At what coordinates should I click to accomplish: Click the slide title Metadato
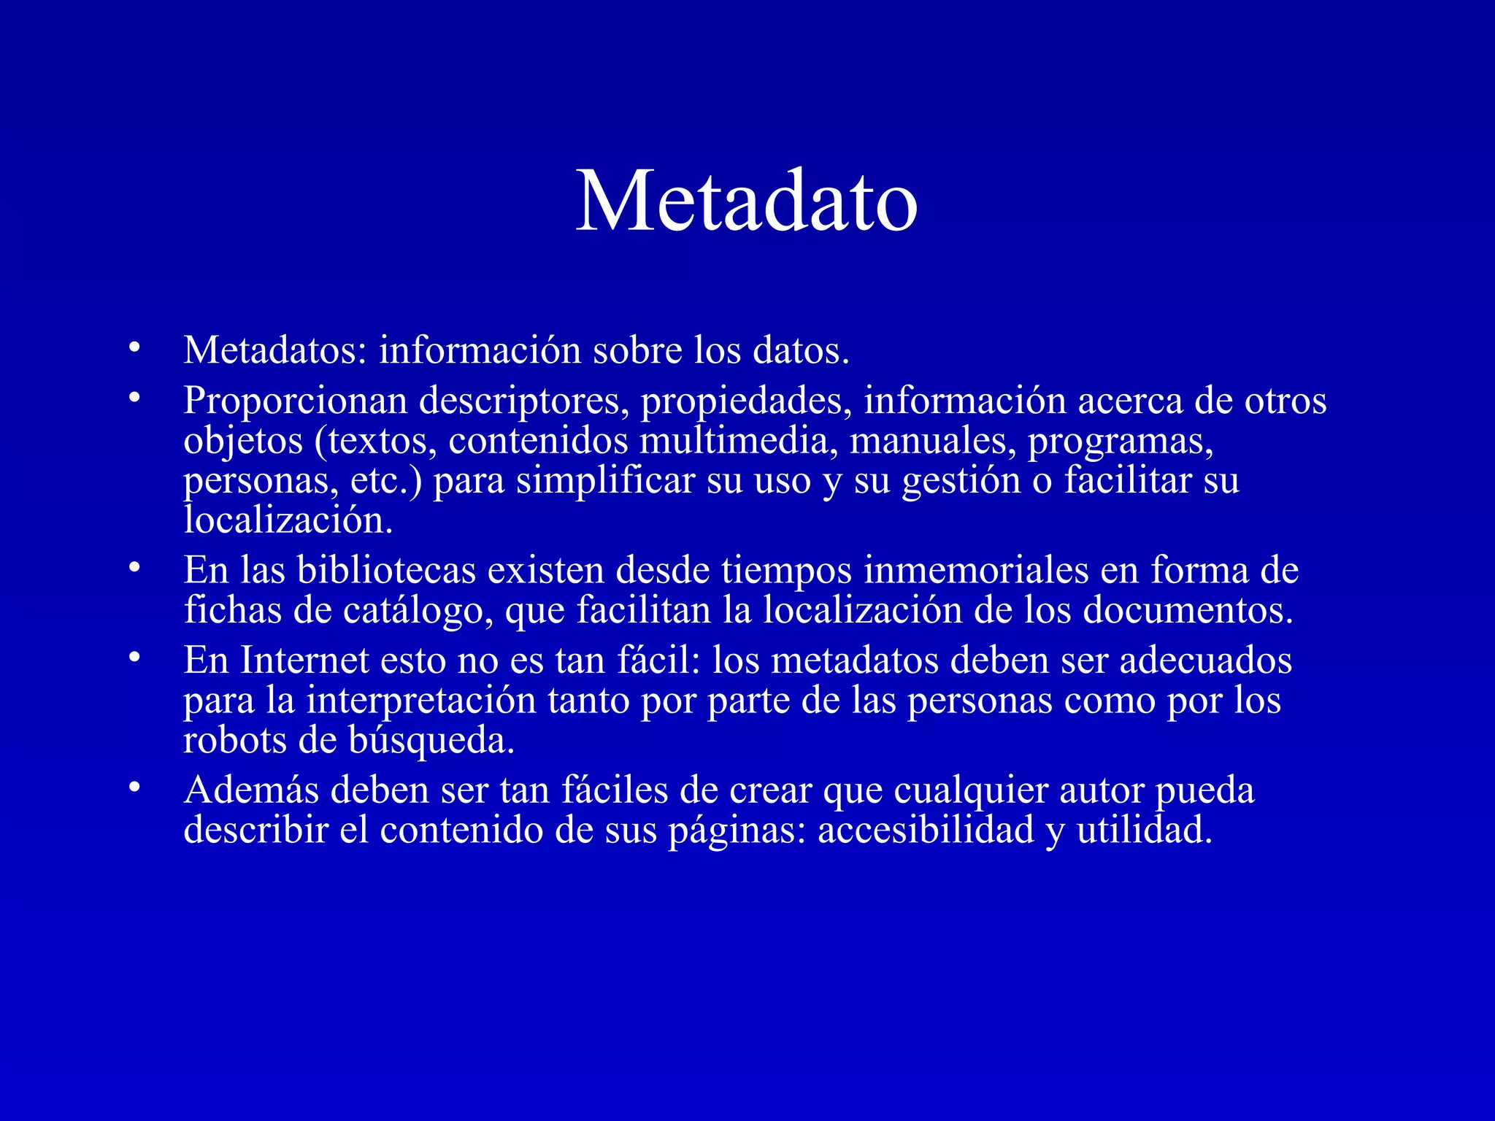click(x=746, y=201)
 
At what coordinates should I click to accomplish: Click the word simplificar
click(x=605, y=481)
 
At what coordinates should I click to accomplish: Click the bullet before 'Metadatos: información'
click(x=133, y=347)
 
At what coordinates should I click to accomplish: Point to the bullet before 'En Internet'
click(x=133, y=658)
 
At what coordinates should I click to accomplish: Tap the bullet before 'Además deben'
click(x=133, y=787)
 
